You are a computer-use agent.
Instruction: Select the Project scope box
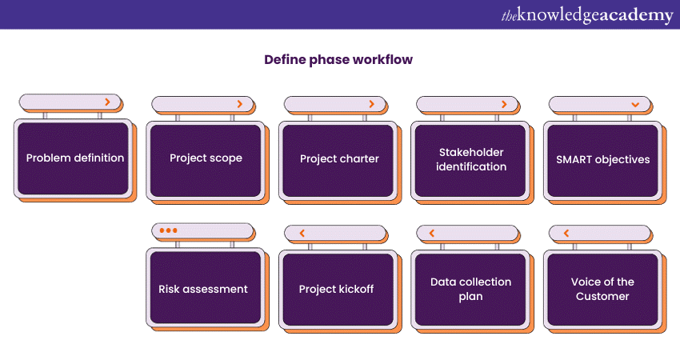tap(205, 158)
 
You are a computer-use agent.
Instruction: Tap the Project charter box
tap(338, 158)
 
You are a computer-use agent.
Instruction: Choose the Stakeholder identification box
tap(470, 159)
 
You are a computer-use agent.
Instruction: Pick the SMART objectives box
tap(602, 159)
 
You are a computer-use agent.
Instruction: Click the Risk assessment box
tap(205, 289)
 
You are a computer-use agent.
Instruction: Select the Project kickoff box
tap(338, 289)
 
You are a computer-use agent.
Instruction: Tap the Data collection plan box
tap(470, 289)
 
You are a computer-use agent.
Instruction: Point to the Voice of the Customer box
tap(602, 289)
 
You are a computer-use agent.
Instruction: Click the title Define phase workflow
tap(339, 60)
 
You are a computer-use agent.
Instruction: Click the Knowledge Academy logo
tap(587, 15)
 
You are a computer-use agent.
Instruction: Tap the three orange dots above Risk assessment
tap(168, 230)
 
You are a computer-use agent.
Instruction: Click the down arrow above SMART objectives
tap(635, 104)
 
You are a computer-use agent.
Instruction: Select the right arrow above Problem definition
tap(107, 102)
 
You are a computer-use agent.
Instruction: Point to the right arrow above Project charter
tap(371, 104)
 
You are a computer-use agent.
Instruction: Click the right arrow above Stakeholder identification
tap(504, 104)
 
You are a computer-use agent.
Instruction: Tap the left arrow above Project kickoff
tap(302, 234)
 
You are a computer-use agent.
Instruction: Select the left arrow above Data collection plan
tap(433, 234)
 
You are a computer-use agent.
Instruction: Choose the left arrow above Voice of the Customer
tap(566, 234)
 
